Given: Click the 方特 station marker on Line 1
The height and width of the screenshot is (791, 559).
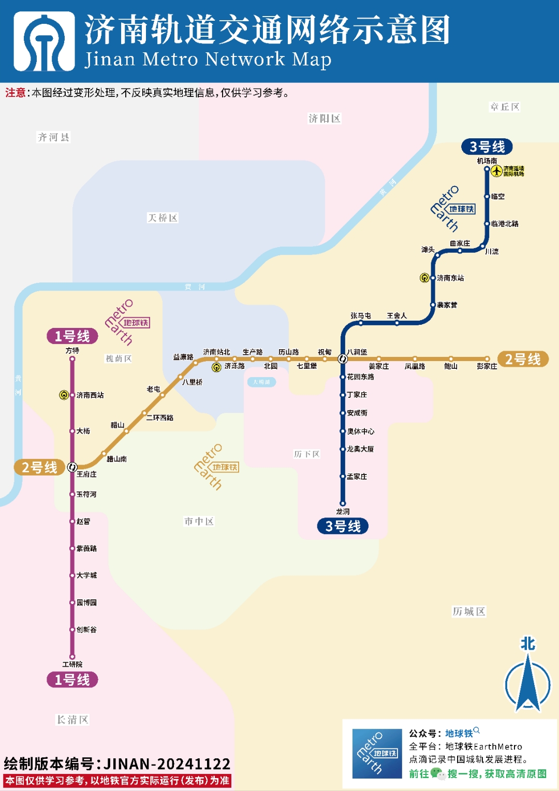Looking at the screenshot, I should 72,359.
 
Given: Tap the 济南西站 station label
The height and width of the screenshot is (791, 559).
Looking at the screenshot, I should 90,395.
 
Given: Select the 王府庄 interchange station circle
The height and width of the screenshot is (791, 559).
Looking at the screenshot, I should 72,467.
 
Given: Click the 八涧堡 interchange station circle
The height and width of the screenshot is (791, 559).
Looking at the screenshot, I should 342,358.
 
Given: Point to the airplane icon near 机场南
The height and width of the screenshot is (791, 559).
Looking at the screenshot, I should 497,171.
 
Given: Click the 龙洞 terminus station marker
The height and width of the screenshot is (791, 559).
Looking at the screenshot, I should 342,503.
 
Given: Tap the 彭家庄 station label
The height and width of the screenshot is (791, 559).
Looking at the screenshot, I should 487,366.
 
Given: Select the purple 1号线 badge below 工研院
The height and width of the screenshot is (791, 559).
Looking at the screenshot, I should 72,680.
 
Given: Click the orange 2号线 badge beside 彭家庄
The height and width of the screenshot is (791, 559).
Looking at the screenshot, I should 523,359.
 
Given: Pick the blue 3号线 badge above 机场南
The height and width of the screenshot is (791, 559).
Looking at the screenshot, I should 487,147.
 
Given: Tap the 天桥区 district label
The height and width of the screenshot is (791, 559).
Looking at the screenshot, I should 163,218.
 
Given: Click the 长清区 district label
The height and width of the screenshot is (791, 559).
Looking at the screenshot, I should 72,720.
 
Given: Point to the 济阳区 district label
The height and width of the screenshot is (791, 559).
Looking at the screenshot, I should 325,119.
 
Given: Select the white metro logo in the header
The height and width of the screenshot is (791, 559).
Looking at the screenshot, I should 44,41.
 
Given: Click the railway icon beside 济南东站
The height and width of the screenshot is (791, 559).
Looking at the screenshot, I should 424,278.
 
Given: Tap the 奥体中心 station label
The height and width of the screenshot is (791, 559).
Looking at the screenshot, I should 360,432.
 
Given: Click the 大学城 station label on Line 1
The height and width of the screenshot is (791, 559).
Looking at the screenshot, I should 86,576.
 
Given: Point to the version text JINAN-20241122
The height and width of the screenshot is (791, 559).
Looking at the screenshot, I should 167,764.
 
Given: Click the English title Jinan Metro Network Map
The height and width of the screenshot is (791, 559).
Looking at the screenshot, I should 208,60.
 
